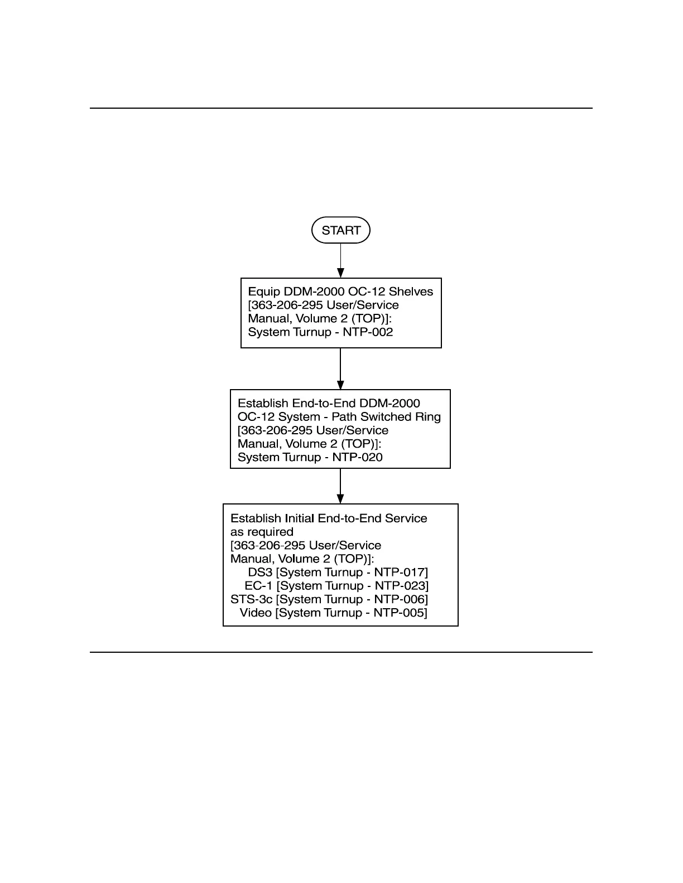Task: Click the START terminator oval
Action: (x=340, y=230)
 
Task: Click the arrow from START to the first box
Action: (x=340, y=260)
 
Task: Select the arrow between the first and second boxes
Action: (x=340, y=368)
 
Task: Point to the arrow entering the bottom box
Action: (x=340, y=486)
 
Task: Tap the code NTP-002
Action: (x=368, y=332)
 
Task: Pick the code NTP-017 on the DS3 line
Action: (x=399, y=573)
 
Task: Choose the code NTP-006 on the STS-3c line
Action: (x=399, y=599)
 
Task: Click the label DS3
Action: (x=260, y=573)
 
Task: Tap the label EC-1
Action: (x=258, y=586)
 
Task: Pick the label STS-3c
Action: (x=251, y=599)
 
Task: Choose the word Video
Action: (x=256, y=613)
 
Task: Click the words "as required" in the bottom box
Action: (x=262, y=532)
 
